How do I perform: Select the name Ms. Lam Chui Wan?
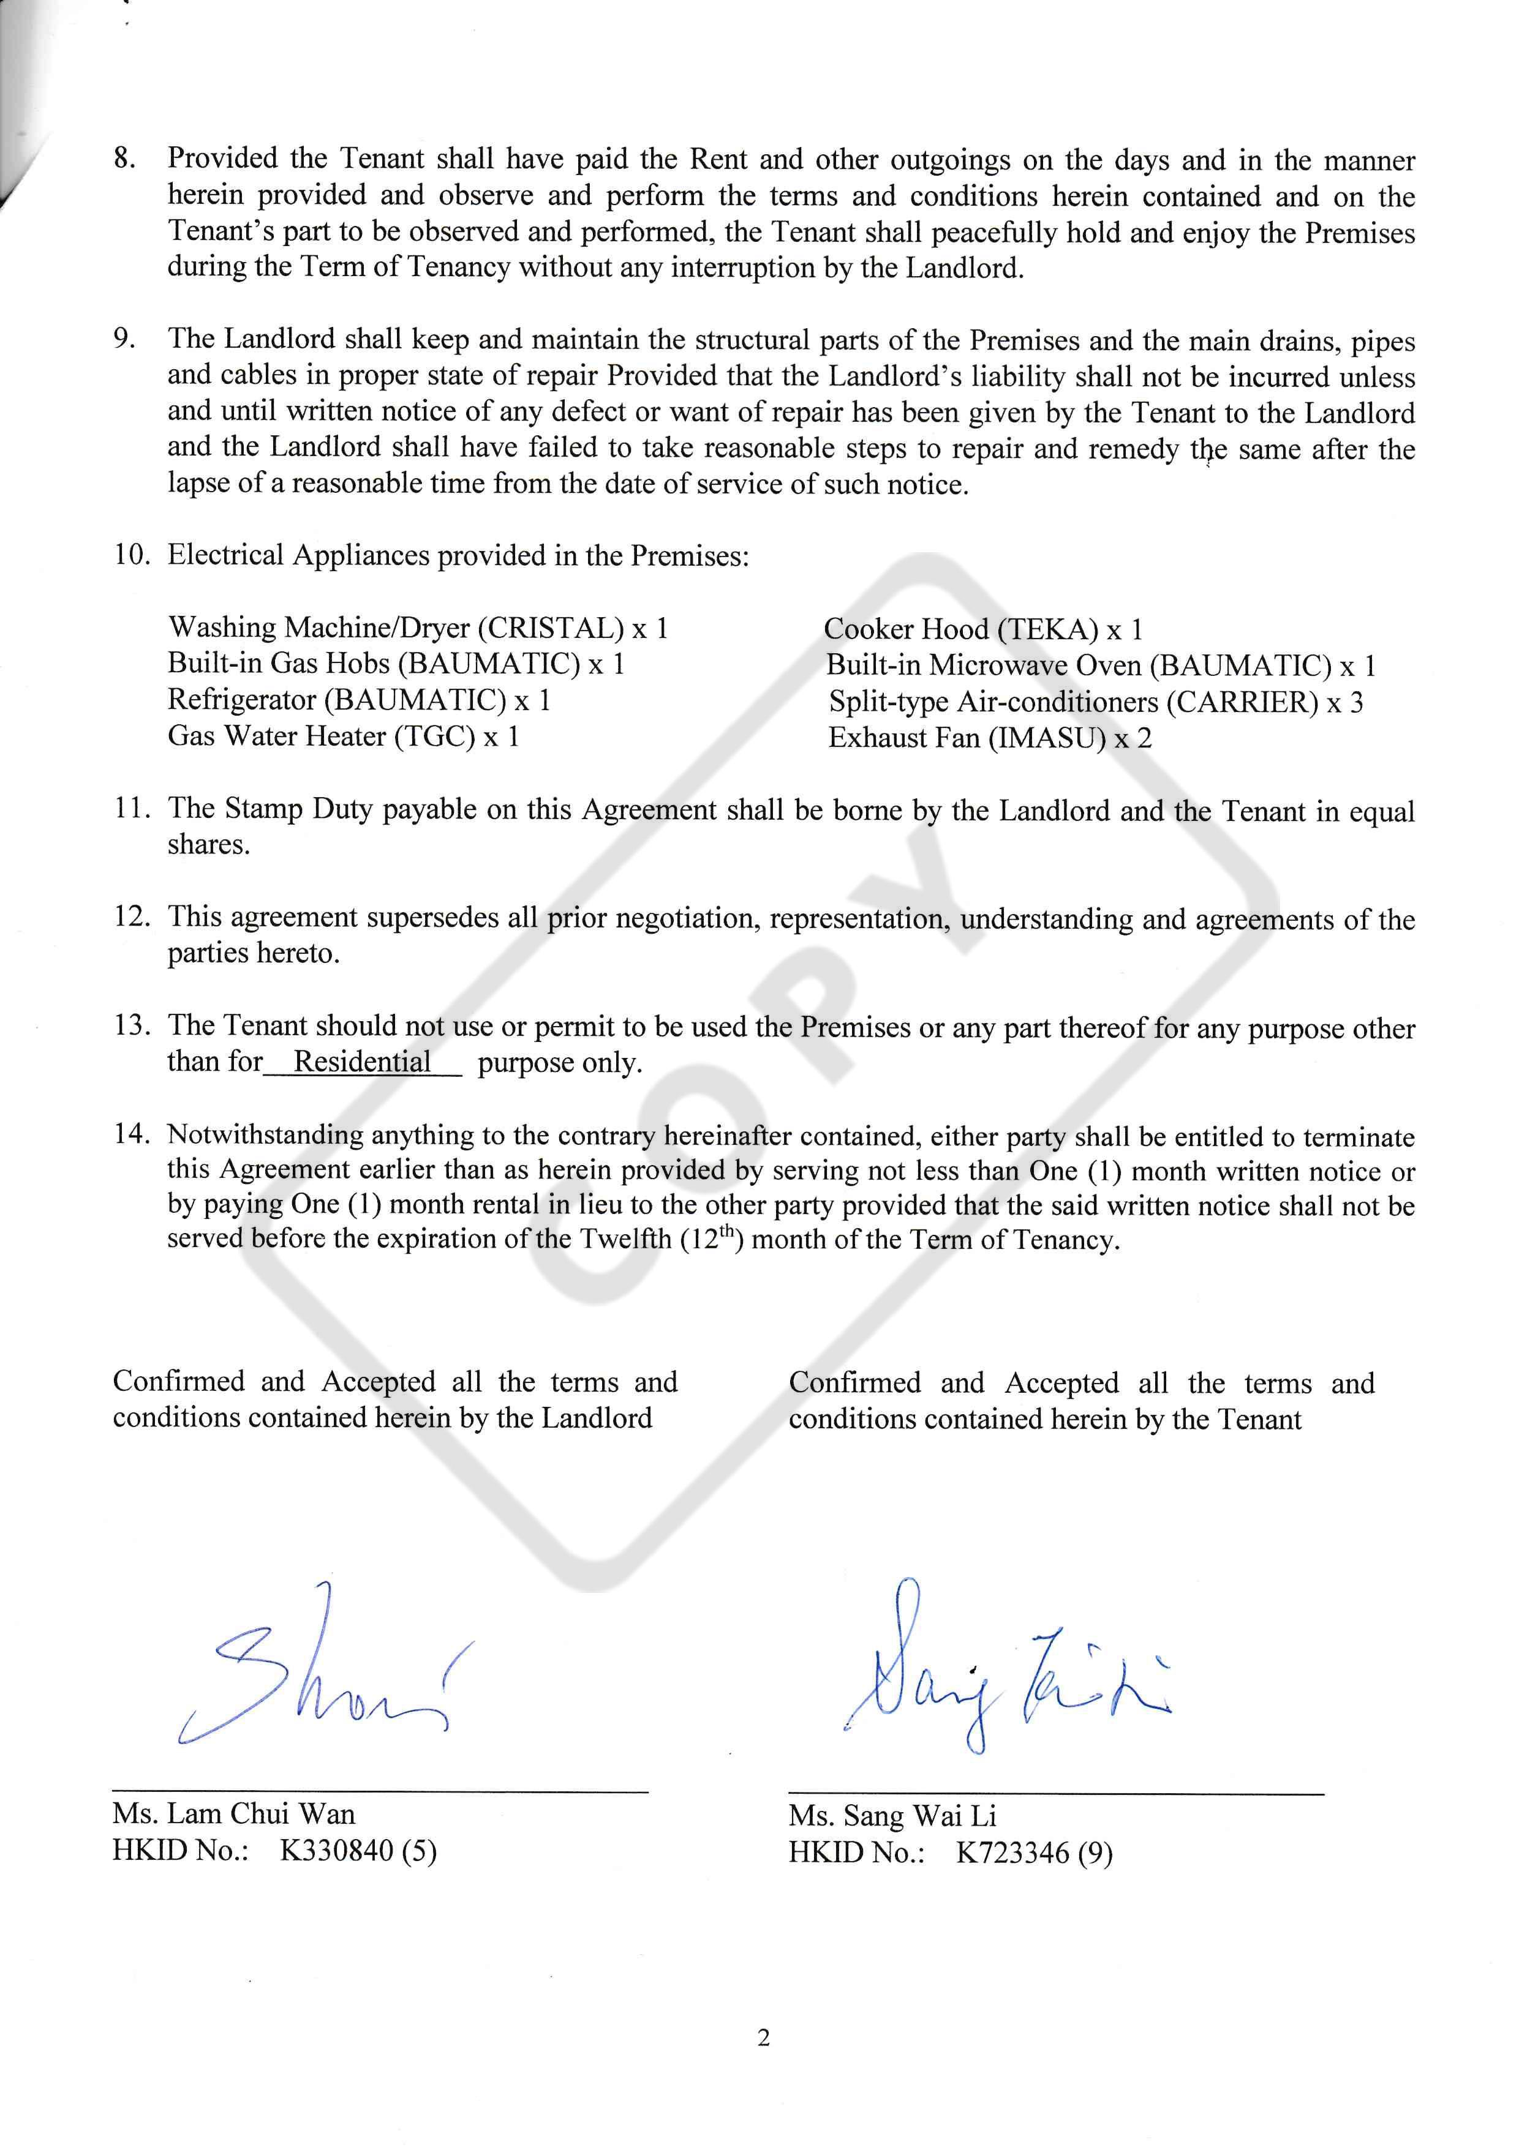tap(234, 1814)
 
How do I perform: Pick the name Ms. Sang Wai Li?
tap(892, 1816)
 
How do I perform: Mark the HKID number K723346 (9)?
tap(1033, 1853)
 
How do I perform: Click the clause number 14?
tap(132, 1135)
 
